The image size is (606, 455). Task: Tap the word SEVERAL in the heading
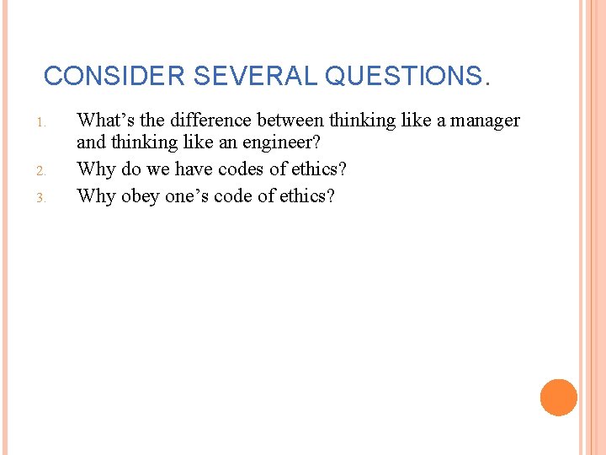(256, 77)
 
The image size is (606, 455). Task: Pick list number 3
(40, 198)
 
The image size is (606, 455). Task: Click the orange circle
(559, 398)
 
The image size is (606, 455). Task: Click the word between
(290, 120)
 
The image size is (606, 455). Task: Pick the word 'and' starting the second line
(89, 144)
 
